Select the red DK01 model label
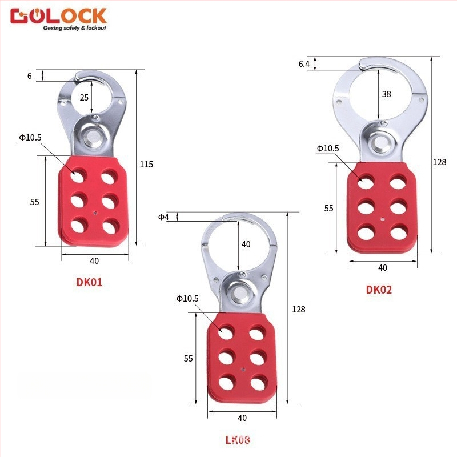click(89, 282)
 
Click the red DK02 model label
click(379, 290)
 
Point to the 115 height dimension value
click(146, 165)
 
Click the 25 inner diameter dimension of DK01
click(84, 98)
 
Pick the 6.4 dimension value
click(304, 64)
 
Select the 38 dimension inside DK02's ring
click(386, 94)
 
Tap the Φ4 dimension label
click(164, 217)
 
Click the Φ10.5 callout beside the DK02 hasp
click(328, 149)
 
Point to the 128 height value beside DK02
click(439, 162)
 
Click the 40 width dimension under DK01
click(94, 261)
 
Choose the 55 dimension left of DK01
click(34, 202)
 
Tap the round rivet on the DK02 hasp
click(378, 142)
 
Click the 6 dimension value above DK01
click(29, 75)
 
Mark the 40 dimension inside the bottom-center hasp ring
click(246, 244)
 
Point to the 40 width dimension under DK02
click(383, 267)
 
